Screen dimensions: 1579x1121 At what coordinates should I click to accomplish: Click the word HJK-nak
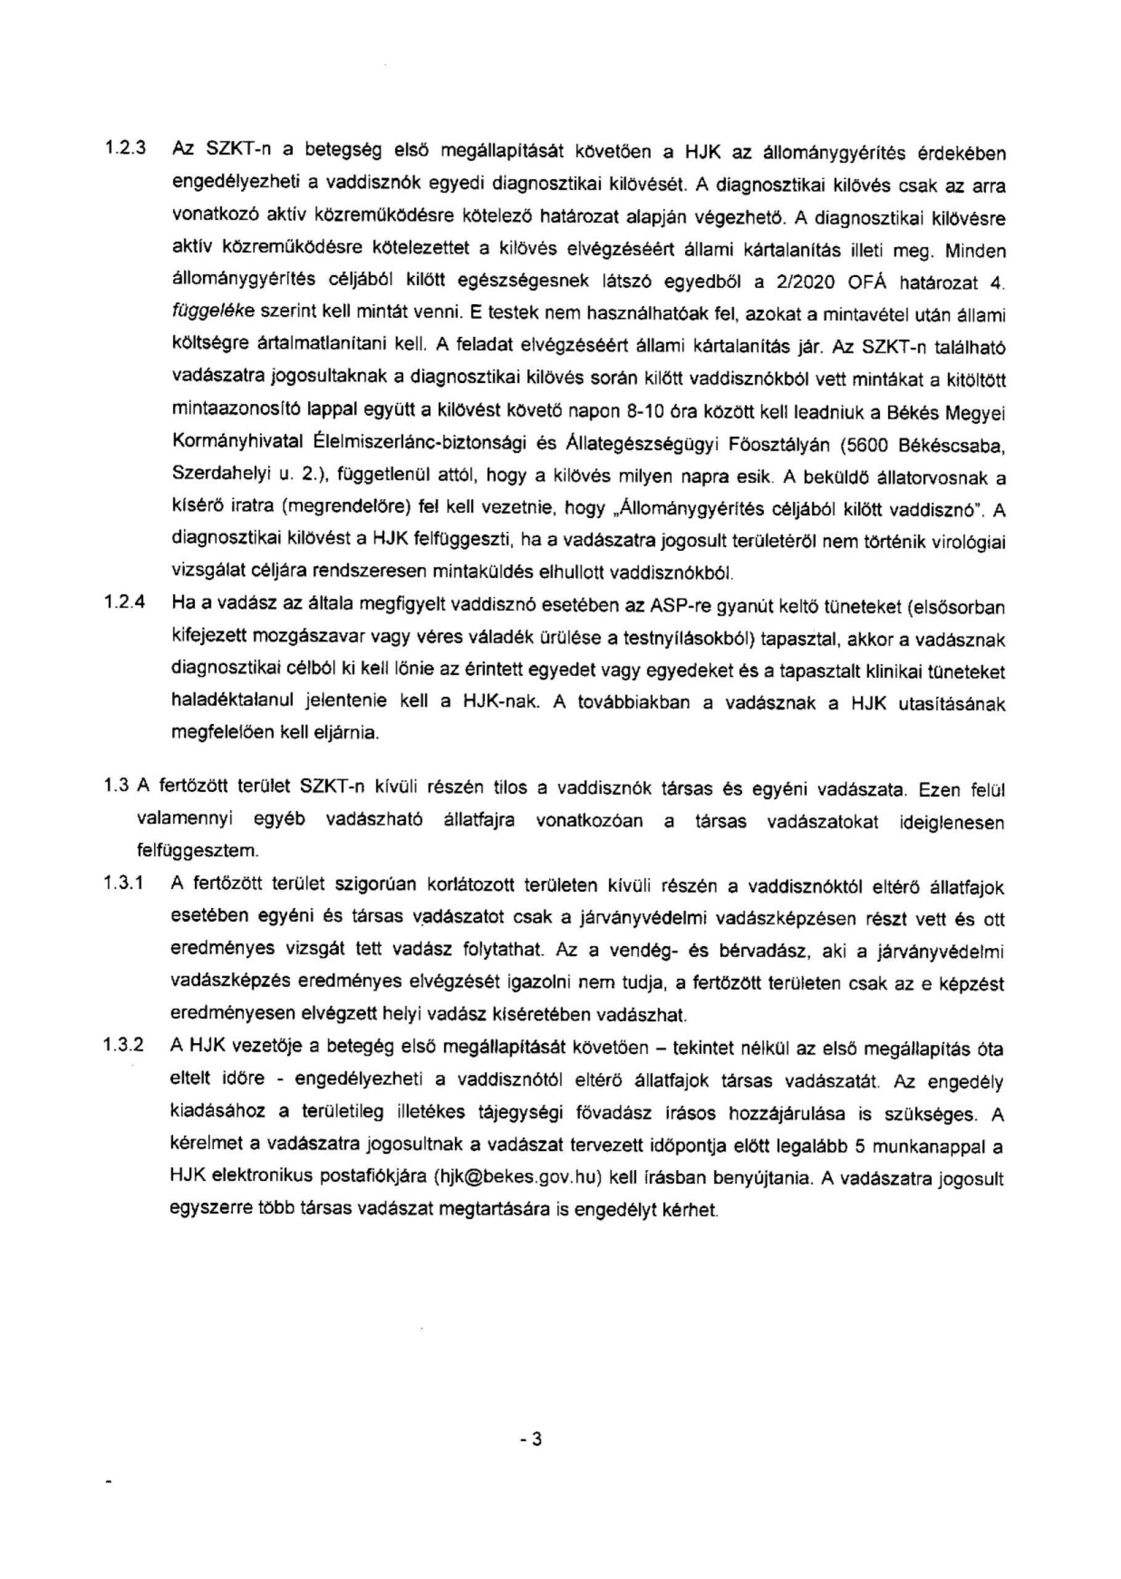tap(499, 703)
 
